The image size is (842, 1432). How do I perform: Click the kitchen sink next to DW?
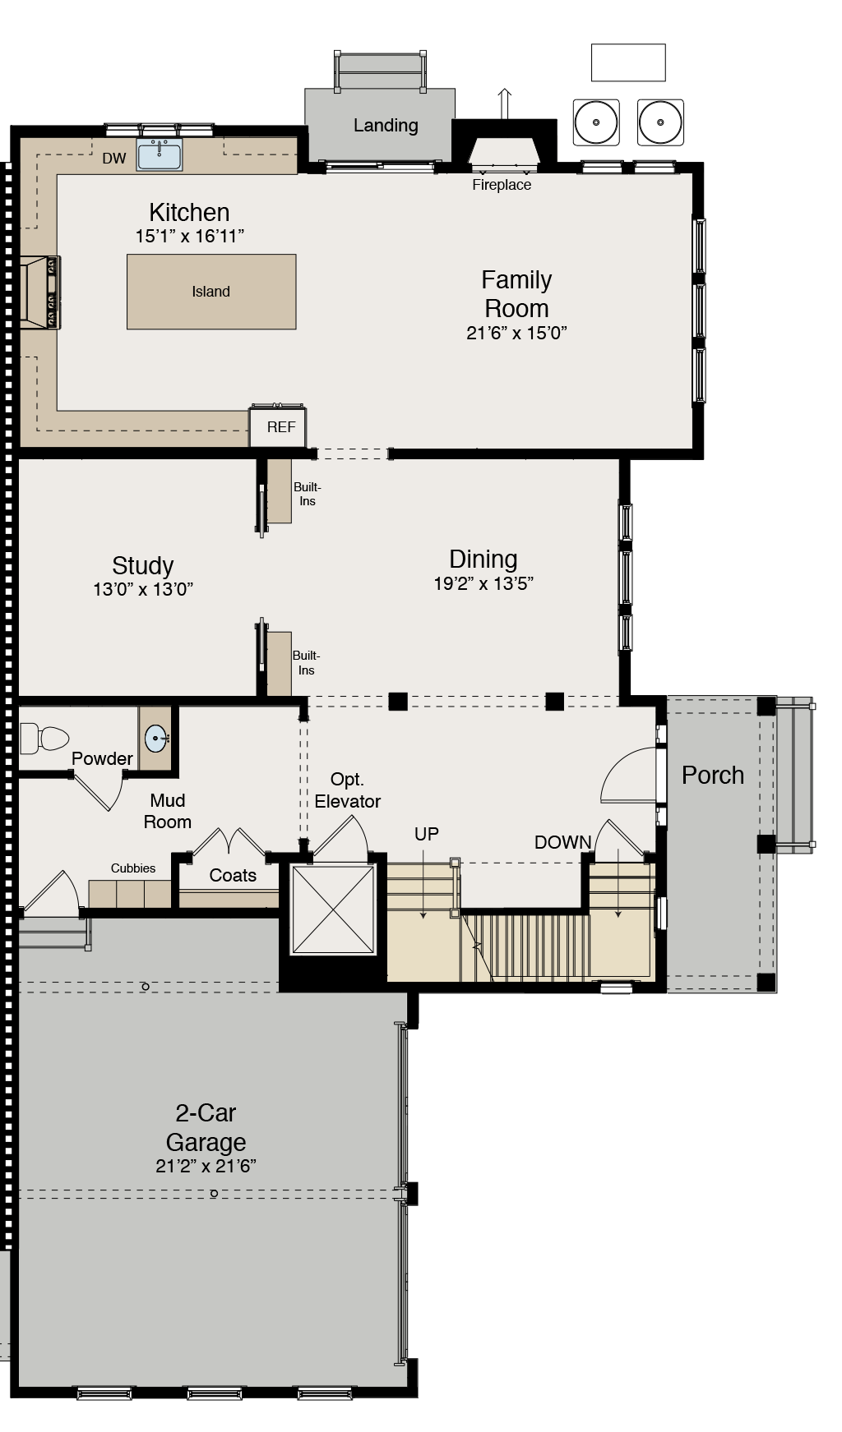(159, 154)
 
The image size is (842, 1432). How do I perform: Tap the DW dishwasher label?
(114, 159)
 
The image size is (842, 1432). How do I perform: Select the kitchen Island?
(211, 292)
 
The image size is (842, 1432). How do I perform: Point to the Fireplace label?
(502, 185)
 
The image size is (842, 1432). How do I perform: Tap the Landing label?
(386, 125)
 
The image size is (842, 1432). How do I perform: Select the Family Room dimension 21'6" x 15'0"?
(516, 333)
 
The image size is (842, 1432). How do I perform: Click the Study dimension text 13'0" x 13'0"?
(143, 589)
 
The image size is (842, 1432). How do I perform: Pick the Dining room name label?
(483, 559)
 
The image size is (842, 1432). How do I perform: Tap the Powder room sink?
(156, 739)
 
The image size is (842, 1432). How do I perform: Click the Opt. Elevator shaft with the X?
(333, 908)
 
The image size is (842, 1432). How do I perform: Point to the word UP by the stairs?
(426, 834)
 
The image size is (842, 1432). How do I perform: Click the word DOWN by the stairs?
(562, 842)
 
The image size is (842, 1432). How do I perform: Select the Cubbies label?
(133, 868)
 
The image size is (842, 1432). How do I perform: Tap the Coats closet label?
(233, 875)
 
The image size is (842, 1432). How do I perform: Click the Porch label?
(713, 776)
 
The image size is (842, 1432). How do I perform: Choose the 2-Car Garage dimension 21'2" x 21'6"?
(206, 1166)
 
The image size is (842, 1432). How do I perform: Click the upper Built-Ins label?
(307, 494)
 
